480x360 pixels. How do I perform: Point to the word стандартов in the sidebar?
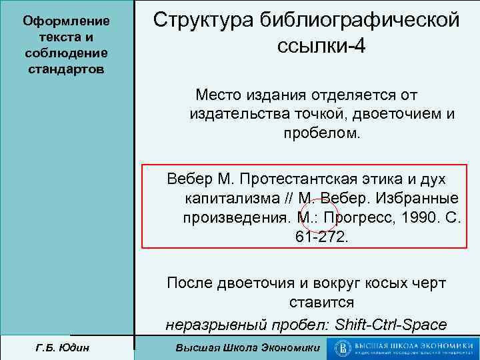tap(66, 69)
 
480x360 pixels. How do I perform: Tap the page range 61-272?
tap(321, 237)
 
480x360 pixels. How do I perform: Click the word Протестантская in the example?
tap(297, 179)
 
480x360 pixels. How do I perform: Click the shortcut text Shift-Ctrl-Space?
tap(392, 325)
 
